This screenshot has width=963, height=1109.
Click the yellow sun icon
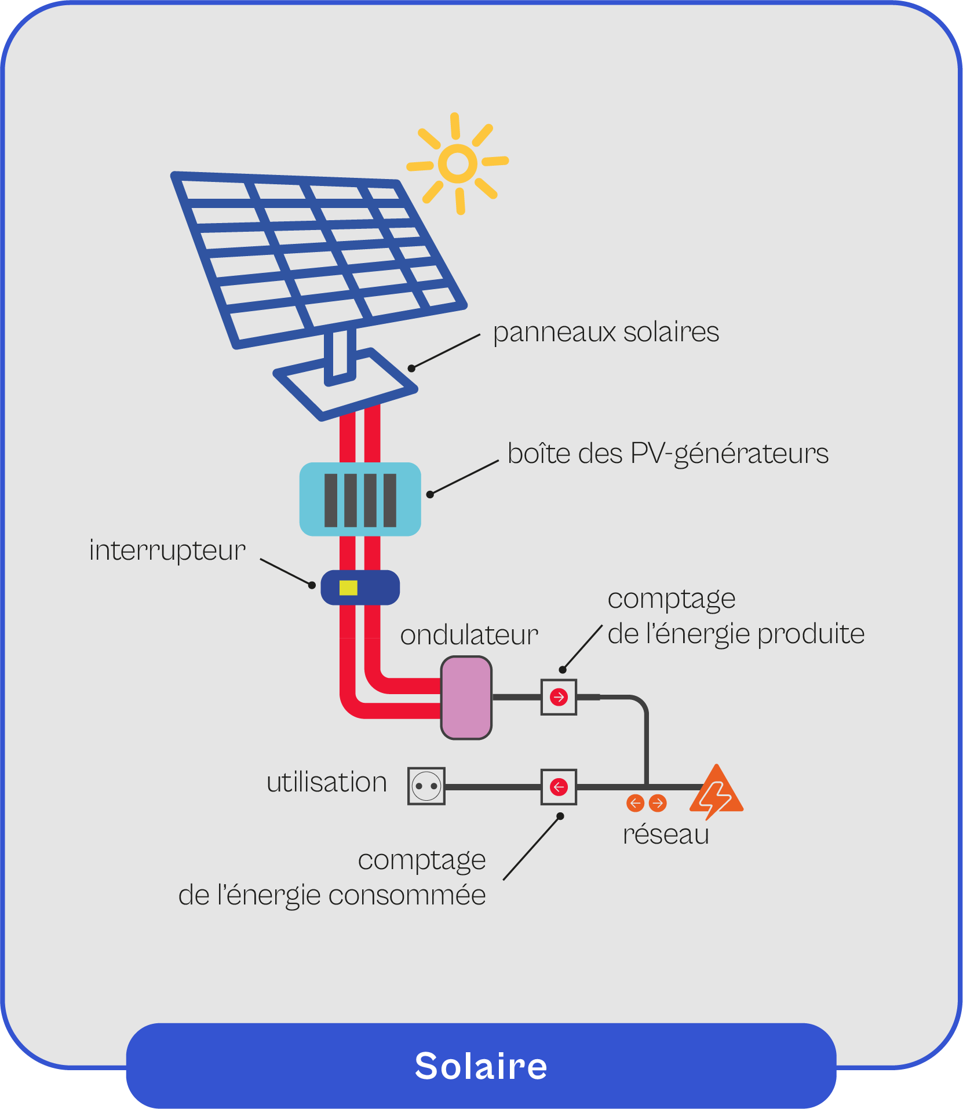458,163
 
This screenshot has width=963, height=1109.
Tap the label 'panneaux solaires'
605,333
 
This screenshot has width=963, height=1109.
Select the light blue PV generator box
360,499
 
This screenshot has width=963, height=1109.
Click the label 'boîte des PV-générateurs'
667,454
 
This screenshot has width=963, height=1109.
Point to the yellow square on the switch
348,588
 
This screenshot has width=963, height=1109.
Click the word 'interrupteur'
167,550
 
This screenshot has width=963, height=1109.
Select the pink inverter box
466,698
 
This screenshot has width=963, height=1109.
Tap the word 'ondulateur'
469,636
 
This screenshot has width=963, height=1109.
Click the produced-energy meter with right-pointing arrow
559,697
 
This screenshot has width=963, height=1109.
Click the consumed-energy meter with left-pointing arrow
559,787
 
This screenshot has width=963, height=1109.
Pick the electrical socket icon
426,786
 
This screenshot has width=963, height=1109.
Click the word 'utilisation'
326,783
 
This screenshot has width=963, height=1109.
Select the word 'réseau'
666,835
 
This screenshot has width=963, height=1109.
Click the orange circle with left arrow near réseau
636,803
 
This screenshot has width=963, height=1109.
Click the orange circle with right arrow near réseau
658,803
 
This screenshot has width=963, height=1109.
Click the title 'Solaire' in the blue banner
481,1066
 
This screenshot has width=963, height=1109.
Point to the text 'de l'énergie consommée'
331,895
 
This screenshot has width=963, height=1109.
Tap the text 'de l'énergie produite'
736,634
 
